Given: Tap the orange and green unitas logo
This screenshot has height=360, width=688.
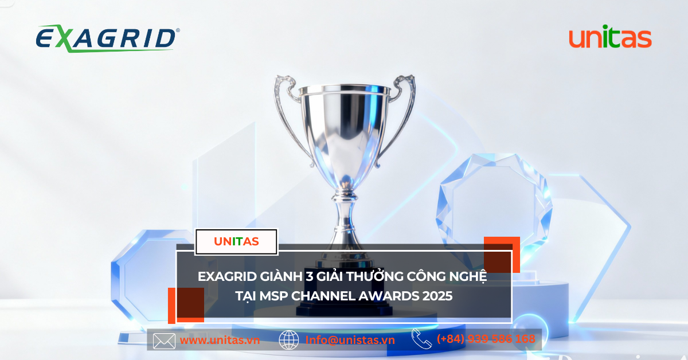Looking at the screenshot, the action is (x=610, y=37).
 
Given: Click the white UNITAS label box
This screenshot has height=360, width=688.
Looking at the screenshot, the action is (x=236, y=242).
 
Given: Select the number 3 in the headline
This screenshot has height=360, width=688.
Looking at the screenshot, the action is (x=308, y=276).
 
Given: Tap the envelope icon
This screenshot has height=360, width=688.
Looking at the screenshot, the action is (x=164, y=341).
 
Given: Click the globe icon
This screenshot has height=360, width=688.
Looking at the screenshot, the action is (x=289, y=340).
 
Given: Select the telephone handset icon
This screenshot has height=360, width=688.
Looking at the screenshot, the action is (x=422, y=338).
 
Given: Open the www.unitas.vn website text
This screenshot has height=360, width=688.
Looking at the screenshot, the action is (x=220, y=340).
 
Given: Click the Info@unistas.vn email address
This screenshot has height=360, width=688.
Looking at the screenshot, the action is (x=350, y=340).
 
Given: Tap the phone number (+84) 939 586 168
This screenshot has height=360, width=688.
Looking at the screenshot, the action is (x=486, y=339).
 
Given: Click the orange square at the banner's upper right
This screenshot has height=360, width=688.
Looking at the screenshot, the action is (x=502, y=255).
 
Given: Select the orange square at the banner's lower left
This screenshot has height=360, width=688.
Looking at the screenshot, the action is (x=186, y=306).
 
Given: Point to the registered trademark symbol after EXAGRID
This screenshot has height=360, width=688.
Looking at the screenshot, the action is (x=178, y=30).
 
